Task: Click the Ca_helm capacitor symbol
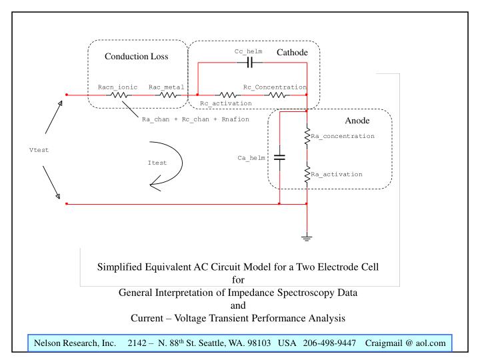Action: click(279, 158)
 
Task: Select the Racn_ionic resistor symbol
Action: click(120, 95)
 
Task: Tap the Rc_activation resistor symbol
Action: click(226, 95)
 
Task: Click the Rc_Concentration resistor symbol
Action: click(277, 95)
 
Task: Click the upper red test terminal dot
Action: click(66, 95)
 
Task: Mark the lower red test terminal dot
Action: click(66, 204)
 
